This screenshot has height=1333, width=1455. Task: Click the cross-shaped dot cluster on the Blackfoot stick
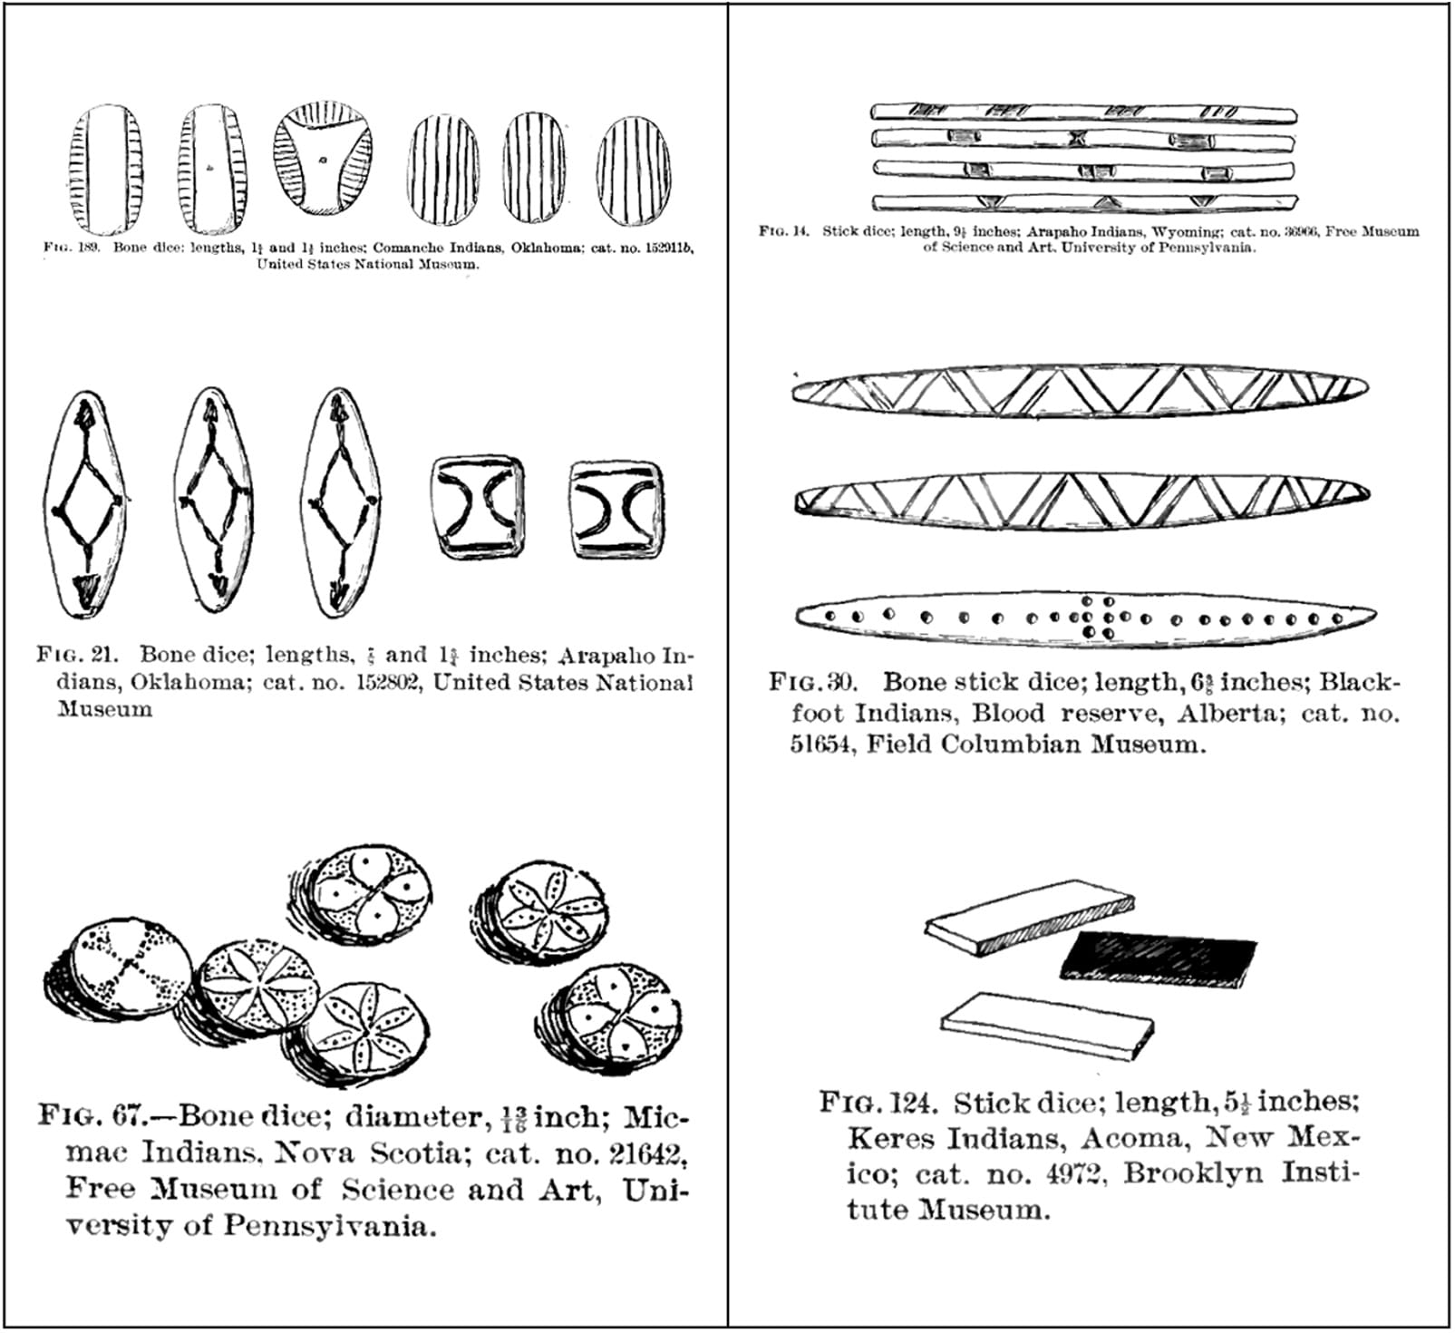pyautogui.click(x=1097, y=617)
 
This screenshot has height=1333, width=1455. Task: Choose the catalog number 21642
pyautogui.click(x=633, y=1153)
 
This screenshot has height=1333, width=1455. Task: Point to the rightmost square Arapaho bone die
pyautogui.click(x=616, y=509)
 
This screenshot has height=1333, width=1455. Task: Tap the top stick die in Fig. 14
pyautogui.click(x=1083, y=112)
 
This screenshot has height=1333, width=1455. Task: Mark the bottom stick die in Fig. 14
pyautogui.click(x=1083, y=202)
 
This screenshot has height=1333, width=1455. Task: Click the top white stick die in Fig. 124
pyautogui.click(x=1029, y=916)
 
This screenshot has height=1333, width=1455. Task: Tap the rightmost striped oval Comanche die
pyautogui.click(x=635, y=169)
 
